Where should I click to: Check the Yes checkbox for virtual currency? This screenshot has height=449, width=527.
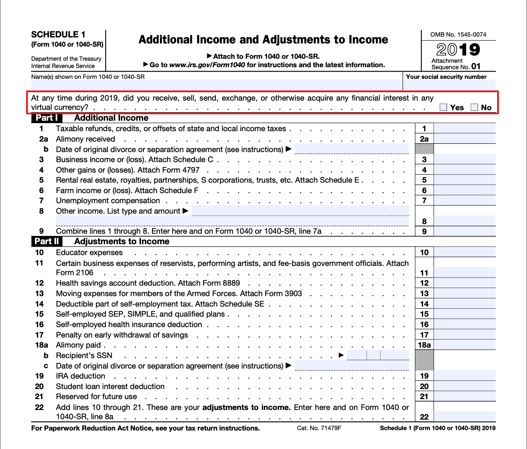tap(444, 107)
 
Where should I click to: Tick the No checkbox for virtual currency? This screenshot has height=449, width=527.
tap(474, 107)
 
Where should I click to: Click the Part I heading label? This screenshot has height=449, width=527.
tap(47, 118)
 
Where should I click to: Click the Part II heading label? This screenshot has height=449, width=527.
tap(47, 241)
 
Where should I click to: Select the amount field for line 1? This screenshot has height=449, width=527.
tap(465, 129)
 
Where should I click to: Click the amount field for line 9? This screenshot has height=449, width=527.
tap(465, 231)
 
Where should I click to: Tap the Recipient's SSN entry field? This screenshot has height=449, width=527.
tap(378, 355)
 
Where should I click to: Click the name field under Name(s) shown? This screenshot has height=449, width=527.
tap(216, 85)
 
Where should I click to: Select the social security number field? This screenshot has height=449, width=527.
tap(449, 85)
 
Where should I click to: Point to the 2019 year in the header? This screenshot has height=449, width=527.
tap(458, 50)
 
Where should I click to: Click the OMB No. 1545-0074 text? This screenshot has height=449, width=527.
tap(458, 35)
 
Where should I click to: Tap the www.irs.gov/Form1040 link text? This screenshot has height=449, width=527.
tap(207, 65)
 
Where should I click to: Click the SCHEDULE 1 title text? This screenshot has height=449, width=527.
tap(58, 35)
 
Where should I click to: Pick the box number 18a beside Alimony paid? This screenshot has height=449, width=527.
tap(424, 345)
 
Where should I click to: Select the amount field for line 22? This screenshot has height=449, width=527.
tap(465, 417)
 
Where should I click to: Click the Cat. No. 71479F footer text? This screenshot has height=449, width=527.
tap(319, 428)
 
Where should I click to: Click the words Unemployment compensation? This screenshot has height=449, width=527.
tap(108, 201)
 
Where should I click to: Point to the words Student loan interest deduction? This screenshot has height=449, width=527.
tap(110, 387)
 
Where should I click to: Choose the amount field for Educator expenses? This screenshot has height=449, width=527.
tap(465, 253)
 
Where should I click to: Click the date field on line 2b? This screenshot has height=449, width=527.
tap(352, 149)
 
